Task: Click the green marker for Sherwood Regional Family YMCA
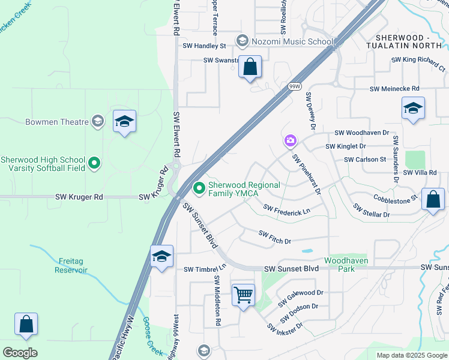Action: pyautogui.click(x=200, y=189)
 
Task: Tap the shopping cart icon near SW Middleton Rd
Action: pyautogui.click(x=243, y=295)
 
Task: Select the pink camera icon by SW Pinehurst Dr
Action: pyautogui.click(x=290, y=141)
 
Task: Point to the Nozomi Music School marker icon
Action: pyautogui.click(x=243, y=41)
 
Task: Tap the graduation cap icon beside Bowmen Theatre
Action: pyautogui.click(x=124, y=122)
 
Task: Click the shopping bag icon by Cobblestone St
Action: pyautogui.click(x=433, y=200)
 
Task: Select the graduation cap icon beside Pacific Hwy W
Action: pyautogui.click(x=161, y=257)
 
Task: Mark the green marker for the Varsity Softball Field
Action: pyautogui.click(x=94, y=162)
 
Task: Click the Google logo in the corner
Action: pyautogui.click(x=20, y=353)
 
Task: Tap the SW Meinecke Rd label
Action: pyautogui.click(x=394, y=89)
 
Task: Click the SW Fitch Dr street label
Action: pyautogui.click(x=274, y=237)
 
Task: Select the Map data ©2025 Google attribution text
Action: pyautogui.click(x=411, y=355)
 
